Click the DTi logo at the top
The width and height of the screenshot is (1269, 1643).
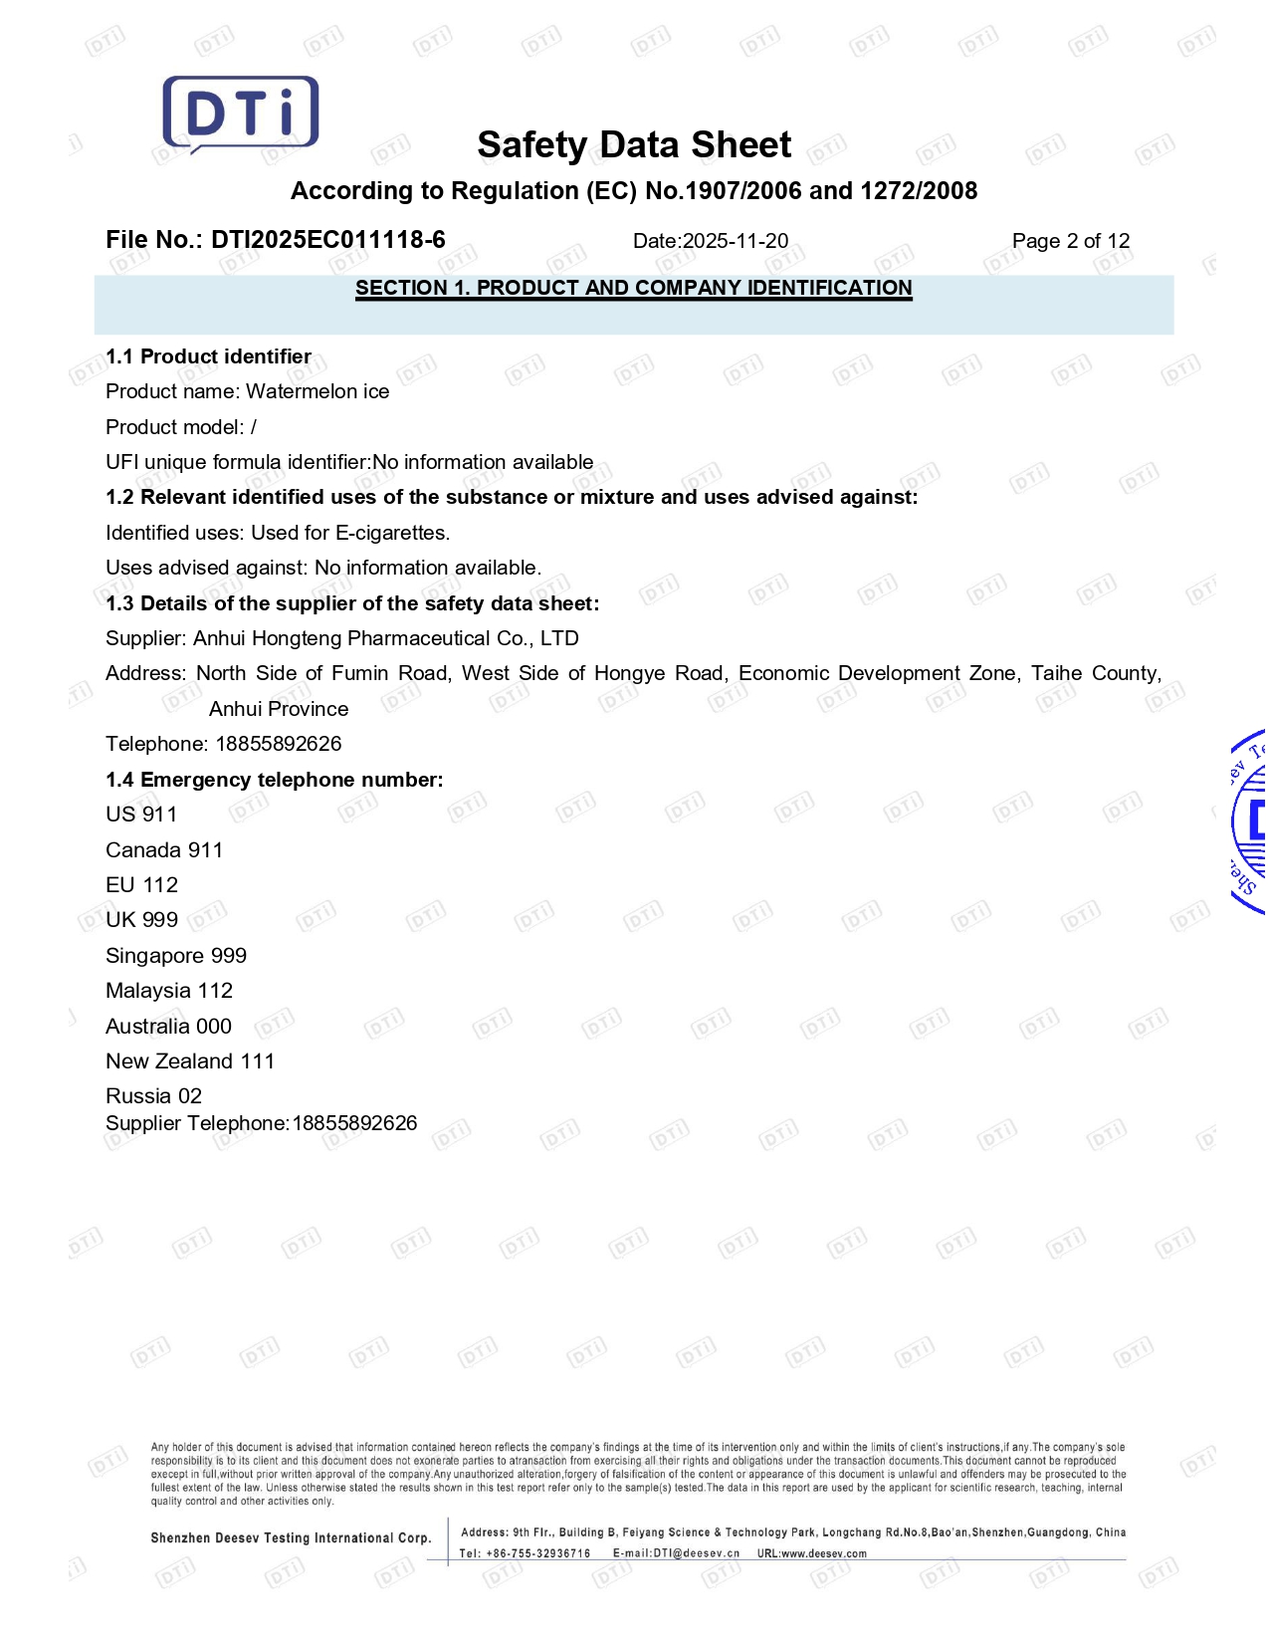tap(241, 114)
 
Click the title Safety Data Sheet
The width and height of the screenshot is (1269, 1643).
tap(634, 145)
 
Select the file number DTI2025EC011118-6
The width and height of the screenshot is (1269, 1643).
tap(327, 240)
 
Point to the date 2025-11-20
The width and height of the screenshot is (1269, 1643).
tap(735, 241)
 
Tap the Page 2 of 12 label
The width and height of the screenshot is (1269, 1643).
tap(1070, 241)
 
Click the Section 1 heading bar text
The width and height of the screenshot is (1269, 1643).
tap(634, 288)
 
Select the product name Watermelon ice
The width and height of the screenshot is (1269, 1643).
tap(317, 391)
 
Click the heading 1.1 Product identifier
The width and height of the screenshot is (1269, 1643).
tap(208, 356)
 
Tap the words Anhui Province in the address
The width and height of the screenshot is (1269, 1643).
tap(279, 709)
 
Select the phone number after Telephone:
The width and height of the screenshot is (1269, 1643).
tap(279, 744)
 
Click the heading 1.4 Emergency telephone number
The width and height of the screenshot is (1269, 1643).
tap(274, 780)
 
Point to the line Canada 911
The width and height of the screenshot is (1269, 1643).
tap(164, 850)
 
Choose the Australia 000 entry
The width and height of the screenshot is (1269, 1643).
tap(168, 1027)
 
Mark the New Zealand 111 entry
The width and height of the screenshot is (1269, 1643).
tap(190, 1061)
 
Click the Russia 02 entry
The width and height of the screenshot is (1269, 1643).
tap(153, 1096)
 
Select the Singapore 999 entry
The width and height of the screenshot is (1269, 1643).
tap(176, 956)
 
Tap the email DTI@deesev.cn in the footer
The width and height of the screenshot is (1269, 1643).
tap(696, 1553)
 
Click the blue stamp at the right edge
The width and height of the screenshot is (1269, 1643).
tap(1250, 822)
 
